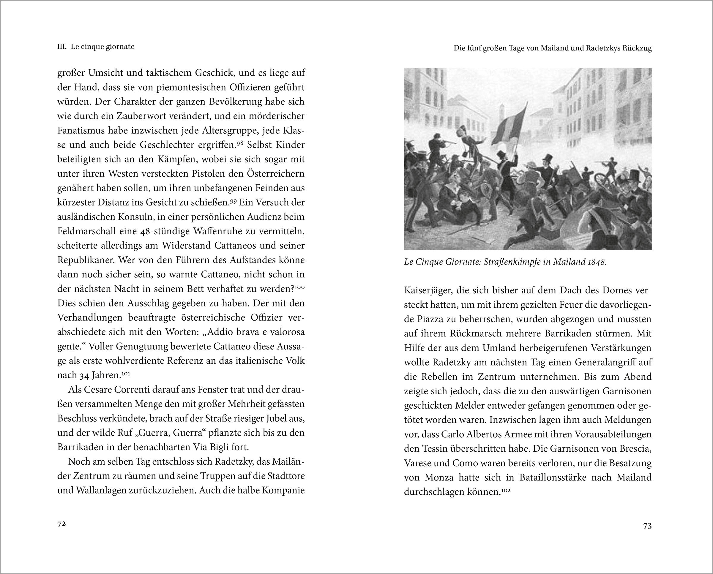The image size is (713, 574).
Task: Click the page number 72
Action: [x=61, y=524]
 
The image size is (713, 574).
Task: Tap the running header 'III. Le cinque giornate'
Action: [x=96, y=47]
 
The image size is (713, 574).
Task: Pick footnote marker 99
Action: [x=234, y=201]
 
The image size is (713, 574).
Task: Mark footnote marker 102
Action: [x=506, y=490]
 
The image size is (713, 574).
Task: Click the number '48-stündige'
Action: [x=167, y=231]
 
